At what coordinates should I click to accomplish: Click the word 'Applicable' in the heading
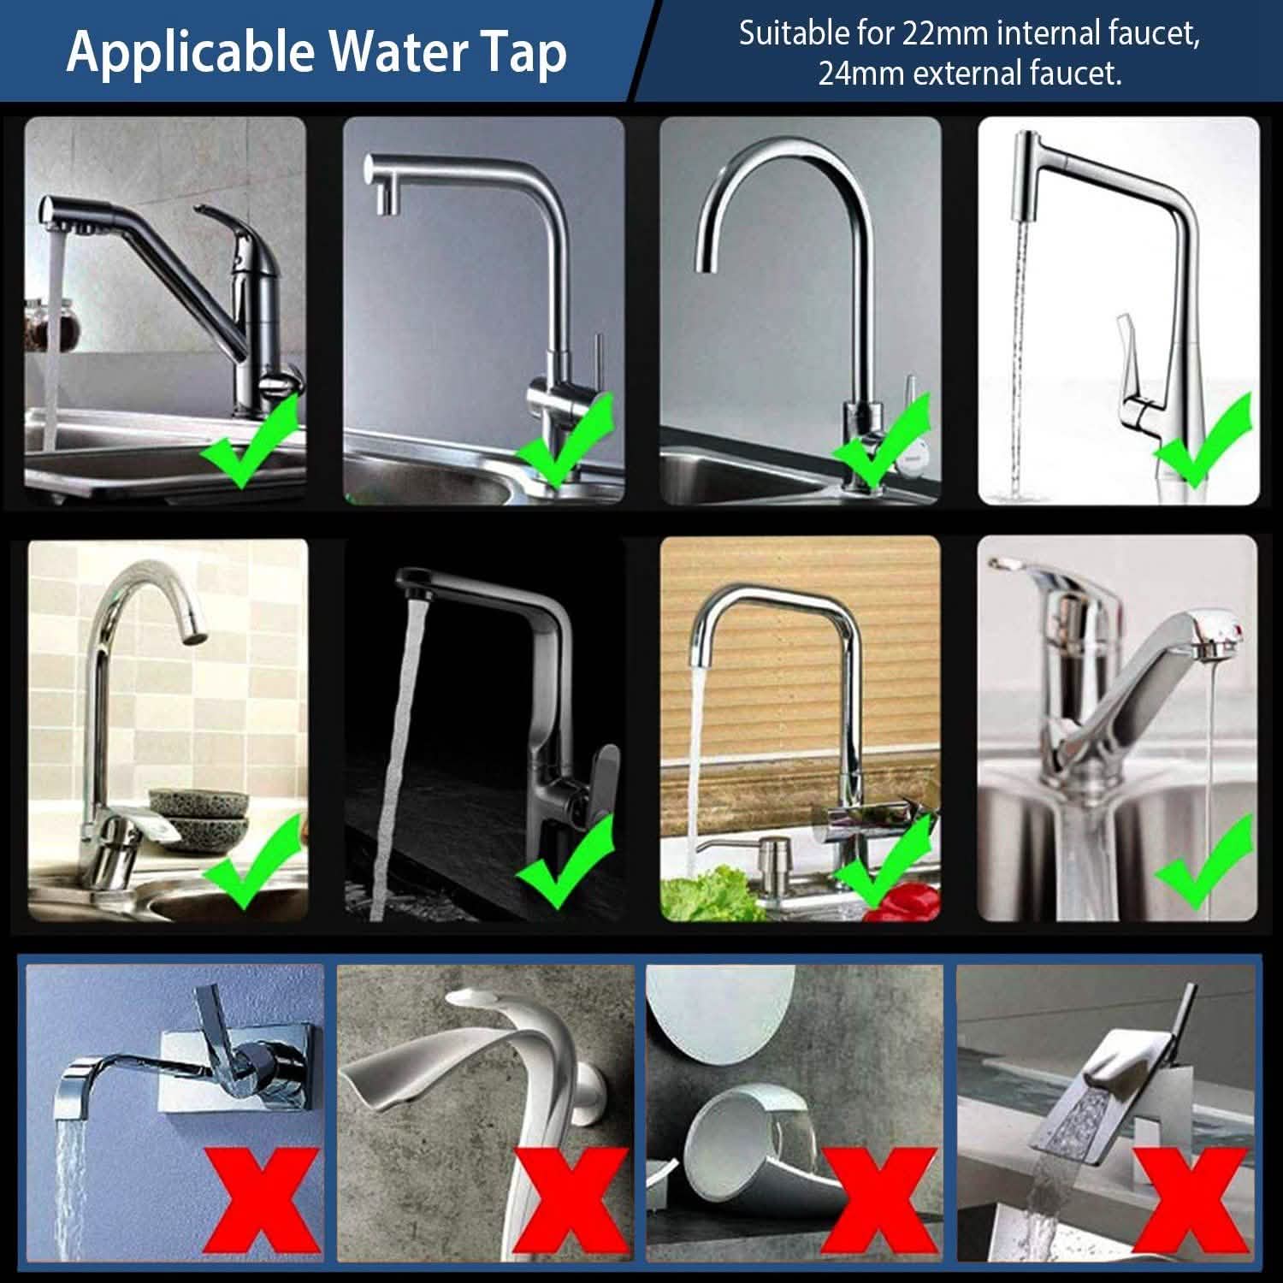(x=191, y=53)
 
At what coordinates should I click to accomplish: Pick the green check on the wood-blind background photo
(x=881, y=860)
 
